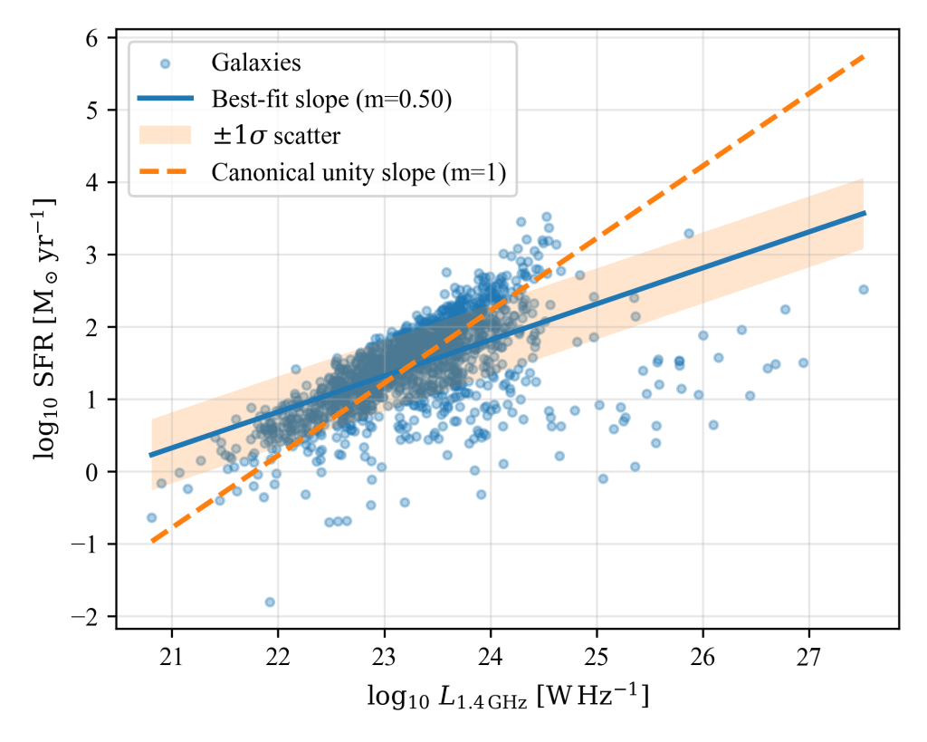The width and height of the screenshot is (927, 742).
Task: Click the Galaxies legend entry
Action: pyautogui.click(x=255, y=63)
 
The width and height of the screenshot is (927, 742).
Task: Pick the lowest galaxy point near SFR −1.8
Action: pyautogui.click(x=269, y=602)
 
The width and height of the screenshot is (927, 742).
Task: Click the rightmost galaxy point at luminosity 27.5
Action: pyautogui.click(x=863, y=289)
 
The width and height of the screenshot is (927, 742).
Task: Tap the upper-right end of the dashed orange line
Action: pyautogui.click(x=865, y=56)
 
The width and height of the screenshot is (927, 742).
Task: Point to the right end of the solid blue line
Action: pyautogui.click(x=865, y=213)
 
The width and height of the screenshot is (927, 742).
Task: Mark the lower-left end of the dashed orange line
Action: pyautogui.click(x=151, y=542)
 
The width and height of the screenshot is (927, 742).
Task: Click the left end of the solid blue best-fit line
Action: pyautogui.click(x=151, y=455)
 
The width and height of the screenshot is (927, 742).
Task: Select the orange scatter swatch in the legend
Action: pyautogui.click(x=166, y=134)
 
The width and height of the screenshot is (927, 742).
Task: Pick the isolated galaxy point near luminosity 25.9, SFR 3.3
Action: pyautogui.click(x=688, y=233)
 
